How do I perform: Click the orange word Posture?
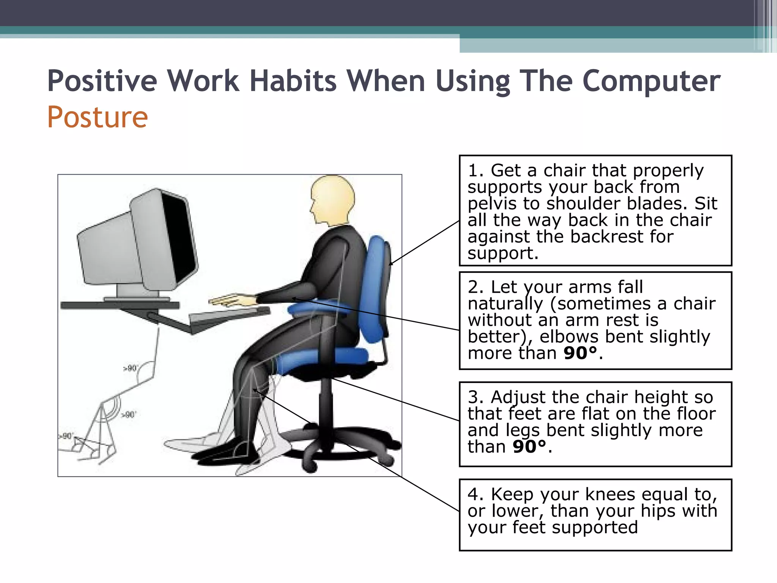pos(98,118)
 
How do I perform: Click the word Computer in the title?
pos(651,81)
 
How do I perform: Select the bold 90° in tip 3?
pos(529,447)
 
